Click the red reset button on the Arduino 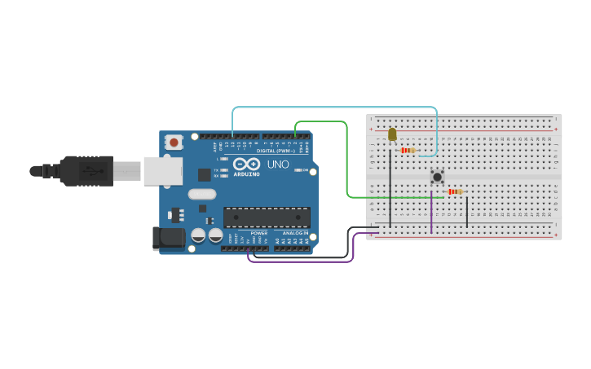[x=174, y=142]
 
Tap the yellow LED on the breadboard [x=392, y=134]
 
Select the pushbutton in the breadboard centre [x=437, y=176]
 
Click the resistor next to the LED [x=408, y=150]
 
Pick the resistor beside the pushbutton [x=455, y=191]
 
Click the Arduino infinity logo [x=247, y=164]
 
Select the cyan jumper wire [x=334, y=107]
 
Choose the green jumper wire [x=348, y=163]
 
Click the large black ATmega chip [x=267, y=217]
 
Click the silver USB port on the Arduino [x=162, y=171]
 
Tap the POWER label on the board [x=259, y=233]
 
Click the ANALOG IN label [x=295, y=233]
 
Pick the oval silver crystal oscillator [x=201, y=194]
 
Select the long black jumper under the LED [x=390, y=191]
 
